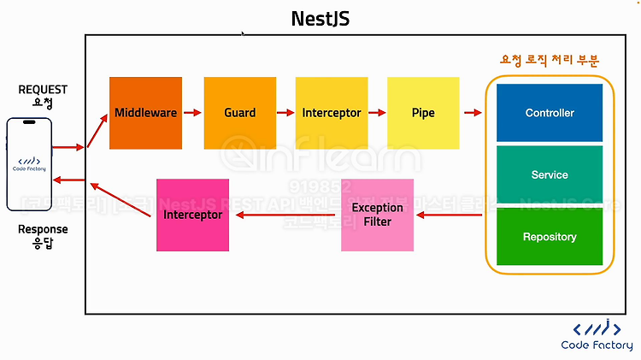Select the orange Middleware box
point(145,113)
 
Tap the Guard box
point(239,113)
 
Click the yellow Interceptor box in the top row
point(331,113)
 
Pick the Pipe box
point(422,113)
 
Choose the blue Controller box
point(550,113)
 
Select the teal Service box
point(550,174)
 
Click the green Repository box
point(550,236)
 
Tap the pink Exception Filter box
point(377,215)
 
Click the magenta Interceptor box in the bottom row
point(192,215)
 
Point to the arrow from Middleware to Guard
point(192,113)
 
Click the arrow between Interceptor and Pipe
point(376,113)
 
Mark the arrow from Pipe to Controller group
point(472,113)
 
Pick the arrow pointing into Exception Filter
point(449,215)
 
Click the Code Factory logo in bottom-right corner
point(597,334)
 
